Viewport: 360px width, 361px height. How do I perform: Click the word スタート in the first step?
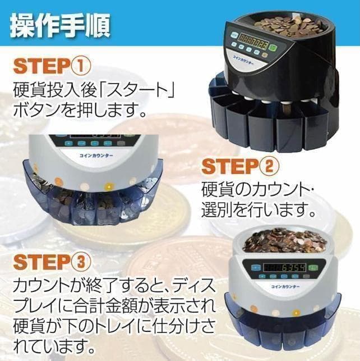pos(124,89)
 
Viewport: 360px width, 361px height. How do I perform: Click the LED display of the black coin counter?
pos(252,40)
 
